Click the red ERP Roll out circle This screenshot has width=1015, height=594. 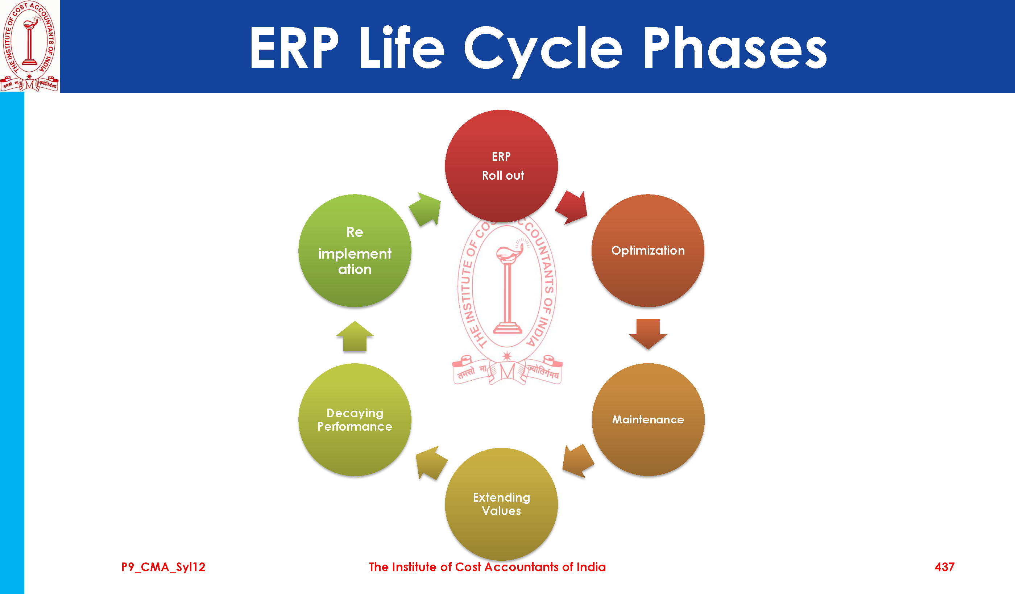pos(501,166)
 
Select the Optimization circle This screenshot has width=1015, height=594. pos(648,250)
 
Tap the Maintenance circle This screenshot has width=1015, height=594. pos(648,419)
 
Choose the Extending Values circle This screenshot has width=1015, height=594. pos(501,504)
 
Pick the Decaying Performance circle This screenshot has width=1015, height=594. pos(355,419)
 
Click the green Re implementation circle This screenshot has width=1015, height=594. pos(355,250)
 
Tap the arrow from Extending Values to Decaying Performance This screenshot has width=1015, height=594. pos(430,463)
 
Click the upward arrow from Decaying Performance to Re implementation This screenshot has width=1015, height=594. pos(355,337)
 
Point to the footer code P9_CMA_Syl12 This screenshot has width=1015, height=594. pos(163,567)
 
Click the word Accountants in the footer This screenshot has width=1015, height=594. pos(521,567)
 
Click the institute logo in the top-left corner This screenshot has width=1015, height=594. pos(29,46)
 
